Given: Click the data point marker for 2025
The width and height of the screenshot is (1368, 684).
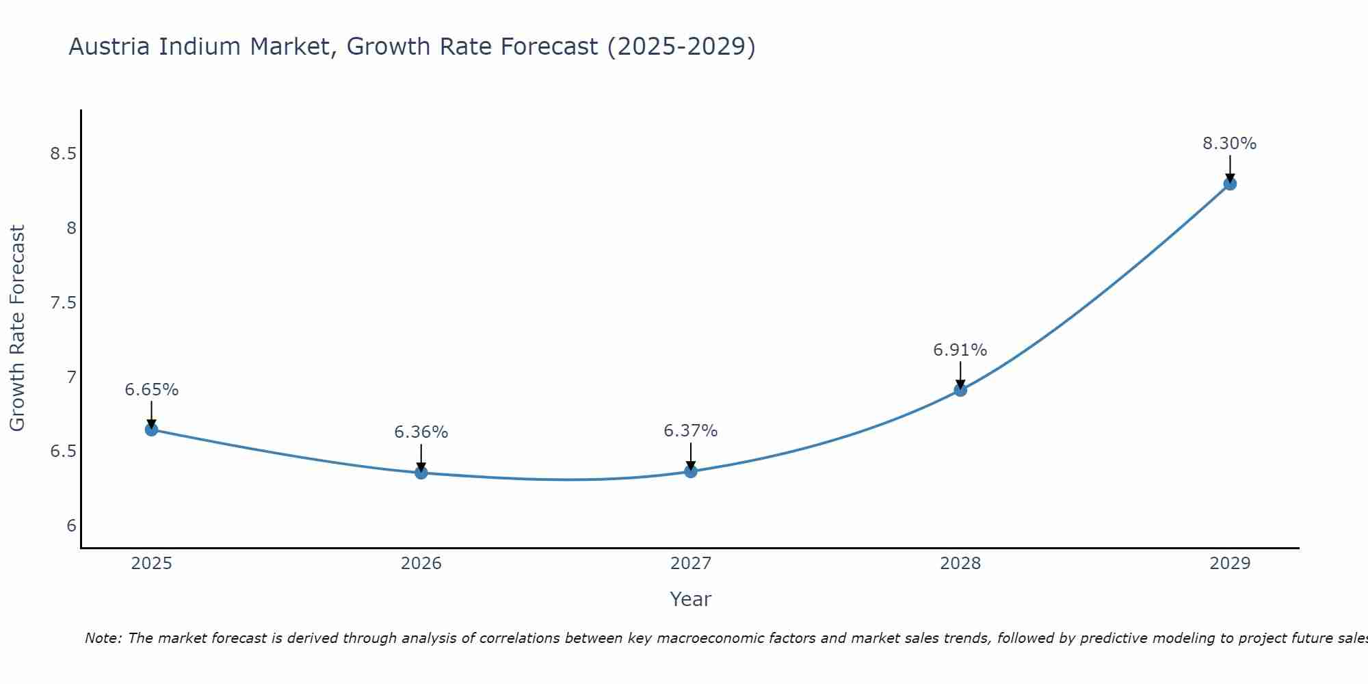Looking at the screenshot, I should [151, 430].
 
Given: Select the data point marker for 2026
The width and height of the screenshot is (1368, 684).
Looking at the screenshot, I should [421, 473].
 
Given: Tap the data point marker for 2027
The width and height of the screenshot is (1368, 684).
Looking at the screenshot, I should [690, 471].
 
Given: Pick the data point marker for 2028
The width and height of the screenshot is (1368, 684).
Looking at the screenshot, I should [960, 390].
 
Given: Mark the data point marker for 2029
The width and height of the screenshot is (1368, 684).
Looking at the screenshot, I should [1229, 183].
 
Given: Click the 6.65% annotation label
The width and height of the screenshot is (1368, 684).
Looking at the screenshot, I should [151, 390].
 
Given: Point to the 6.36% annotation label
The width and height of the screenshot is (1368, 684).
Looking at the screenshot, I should [421, 432].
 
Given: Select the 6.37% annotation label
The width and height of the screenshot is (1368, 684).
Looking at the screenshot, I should [690, 431].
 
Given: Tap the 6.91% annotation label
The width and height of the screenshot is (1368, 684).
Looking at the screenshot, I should [960, 350].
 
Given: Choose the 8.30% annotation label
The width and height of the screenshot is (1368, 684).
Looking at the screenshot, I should [1229, 144].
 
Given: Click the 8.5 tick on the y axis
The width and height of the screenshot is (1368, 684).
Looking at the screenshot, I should [63, 154].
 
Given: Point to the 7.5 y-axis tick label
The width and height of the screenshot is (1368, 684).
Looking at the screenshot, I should [63, 303].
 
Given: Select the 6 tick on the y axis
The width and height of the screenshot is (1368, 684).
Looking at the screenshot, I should [71, 526].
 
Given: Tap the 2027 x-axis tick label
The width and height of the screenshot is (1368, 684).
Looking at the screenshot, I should [690, 564].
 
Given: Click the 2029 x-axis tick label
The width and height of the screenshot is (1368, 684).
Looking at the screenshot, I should [1229, 564].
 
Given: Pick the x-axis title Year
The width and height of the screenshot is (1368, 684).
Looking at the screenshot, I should [690, 599].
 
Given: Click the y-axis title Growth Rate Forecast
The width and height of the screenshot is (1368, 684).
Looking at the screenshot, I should [17, 328].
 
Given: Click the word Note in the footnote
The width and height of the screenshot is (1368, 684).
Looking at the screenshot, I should [102, 638].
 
